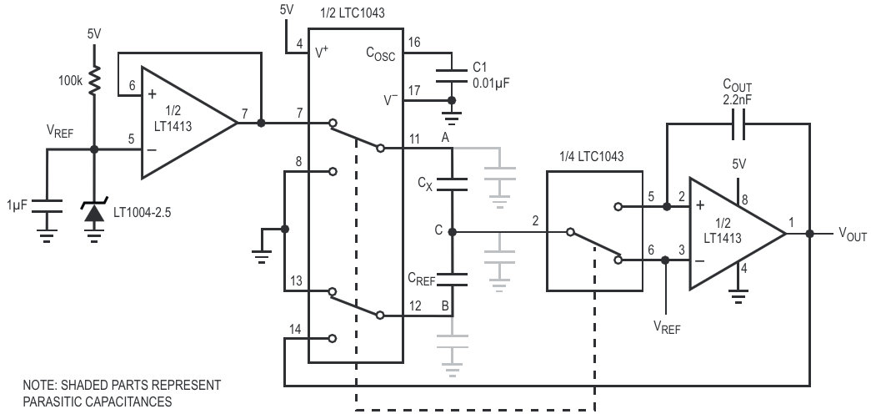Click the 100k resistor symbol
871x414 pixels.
94,79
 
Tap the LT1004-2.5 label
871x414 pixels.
143,212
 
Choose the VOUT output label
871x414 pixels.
853,235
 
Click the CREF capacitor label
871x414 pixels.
422,279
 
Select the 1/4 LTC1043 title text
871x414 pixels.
592,157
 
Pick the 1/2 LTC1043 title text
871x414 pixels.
353,13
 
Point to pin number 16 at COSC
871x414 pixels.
414,43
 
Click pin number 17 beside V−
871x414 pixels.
414,89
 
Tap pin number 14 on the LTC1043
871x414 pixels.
295,330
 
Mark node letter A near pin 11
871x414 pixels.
444,138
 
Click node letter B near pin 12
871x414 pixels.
445,305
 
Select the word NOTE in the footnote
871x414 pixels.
39,385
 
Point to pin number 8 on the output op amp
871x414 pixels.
745,199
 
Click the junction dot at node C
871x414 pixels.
452,231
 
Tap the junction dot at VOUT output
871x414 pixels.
809,234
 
